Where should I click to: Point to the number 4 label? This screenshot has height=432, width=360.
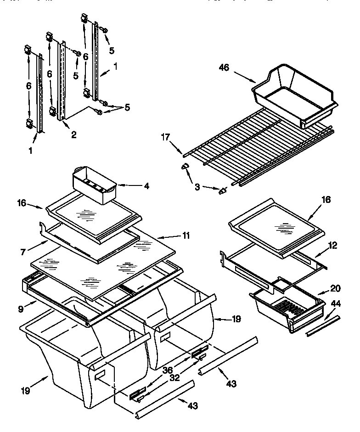point(146,186)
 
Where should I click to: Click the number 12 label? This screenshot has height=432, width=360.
point(333,246)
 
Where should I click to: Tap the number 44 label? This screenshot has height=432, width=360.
point(336,303)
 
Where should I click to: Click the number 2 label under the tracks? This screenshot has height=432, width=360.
point(73,135)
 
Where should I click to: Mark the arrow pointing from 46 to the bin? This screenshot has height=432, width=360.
point(245,76)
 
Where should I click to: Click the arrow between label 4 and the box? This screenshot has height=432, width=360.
point(130,186)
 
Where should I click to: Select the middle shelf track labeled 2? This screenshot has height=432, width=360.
point(62,83)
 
